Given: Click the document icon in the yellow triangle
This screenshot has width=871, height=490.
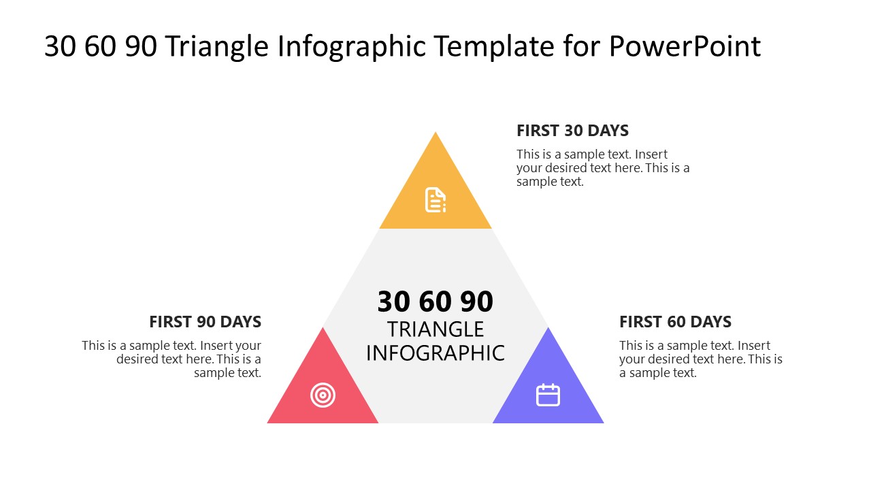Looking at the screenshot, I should [x=435, y=199].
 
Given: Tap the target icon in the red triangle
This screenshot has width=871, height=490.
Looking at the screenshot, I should [x=323, y=395].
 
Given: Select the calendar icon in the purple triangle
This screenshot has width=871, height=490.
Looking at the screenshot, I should [x=548, y=395].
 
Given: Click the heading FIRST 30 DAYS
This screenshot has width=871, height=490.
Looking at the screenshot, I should [x=572, y=131].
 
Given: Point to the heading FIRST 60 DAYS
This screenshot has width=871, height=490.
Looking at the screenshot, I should [x=675, y=322].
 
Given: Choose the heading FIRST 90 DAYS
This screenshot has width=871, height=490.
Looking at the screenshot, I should [x=205, y=322].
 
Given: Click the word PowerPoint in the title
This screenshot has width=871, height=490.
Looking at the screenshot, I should [x=685, y=46].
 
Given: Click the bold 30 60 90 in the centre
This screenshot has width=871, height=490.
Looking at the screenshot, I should [x=435, y=301].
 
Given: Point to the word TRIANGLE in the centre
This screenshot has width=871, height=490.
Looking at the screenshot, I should [x=435, y=329].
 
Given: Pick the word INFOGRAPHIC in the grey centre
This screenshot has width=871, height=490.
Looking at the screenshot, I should [x=435, y=353].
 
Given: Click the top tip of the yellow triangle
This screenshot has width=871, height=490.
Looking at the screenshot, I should [x=435, y=133].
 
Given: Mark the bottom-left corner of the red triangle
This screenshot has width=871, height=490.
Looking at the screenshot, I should [x=269, y=422].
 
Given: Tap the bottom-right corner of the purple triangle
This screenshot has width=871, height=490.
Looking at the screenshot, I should [x=602, y=422].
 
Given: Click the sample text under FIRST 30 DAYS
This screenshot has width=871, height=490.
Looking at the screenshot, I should [x=602, y=168].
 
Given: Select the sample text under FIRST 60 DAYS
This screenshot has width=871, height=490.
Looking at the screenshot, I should [x=700, y=359].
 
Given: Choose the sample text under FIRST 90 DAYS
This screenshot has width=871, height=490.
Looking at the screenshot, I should [x=172, y=359].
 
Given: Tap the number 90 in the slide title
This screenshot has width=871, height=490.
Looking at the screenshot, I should [x=142, y=46].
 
